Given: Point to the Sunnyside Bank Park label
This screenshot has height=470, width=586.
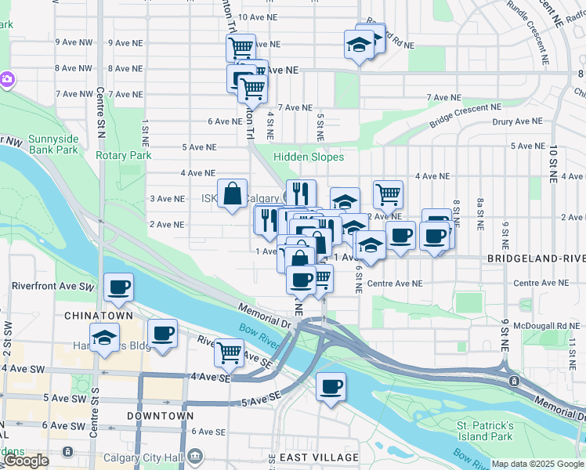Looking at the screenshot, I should coord(53,144).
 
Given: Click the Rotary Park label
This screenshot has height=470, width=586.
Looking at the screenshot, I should coord(124,155).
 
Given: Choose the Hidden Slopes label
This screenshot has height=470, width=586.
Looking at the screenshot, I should coord(309,157).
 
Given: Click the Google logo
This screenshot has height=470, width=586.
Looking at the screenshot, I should coord(26,461).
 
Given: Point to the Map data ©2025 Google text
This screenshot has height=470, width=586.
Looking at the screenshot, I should coord(537,465).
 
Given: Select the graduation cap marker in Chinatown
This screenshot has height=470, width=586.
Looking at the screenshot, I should coord(104,338).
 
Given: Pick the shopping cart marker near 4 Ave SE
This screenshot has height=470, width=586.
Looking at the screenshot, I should coord(229,352).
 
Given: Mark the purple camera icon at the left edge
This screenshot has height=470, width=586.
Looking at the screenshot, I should coord(7,79).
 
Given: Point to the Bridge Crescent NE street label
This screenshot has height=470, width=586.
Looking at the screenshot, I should coord(465,117).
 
